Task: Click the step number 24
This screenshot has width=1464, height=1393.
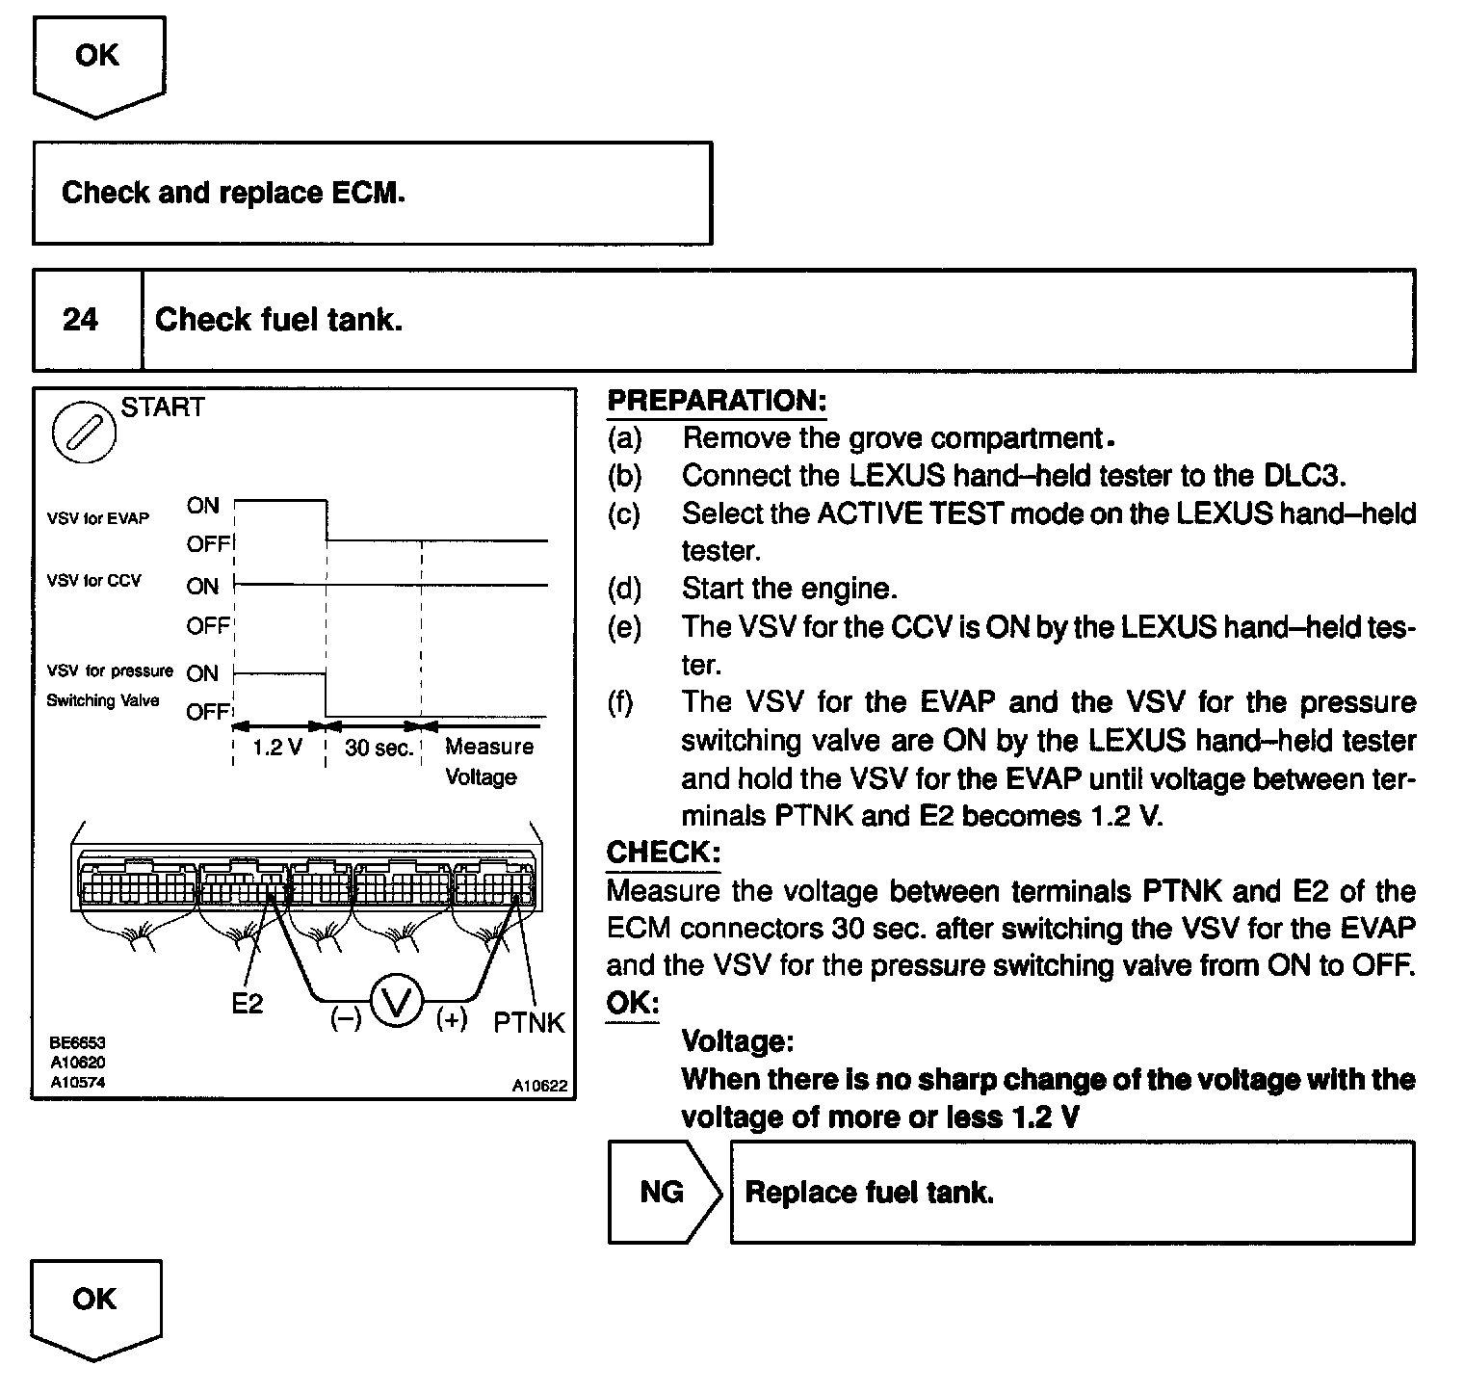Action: tap(81, 319)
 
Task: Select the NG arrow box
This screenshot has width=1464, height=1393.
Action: tap(664, 1192)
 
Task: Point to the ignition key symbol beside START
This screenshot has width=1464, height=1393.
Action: tap(83, 431)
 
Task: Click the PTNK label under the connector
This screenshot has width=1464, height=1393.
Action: tap(529, 1022)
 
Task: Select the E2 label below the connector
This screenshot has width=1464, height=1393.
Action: tap(248, 1004)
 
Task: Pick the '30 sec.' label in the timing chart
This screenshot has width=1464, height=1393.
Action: tap(379, 749)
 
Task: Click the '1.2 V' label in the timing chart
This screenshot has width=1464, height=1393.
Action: tap(277, 749)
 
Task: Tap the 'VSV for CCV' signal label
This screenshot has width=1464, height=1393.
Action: tap(93, 581)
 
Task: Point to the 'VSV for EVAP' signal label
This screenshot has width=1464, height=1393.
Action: tap(98, 518)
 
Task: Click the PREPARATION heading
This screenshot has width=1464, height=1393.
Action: tap(717, 401)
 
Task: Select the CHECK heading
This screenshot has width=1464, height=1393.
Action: tap(663, 852)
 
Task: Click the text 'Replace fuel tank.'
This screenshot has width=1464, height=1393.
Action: tap(869, 1193)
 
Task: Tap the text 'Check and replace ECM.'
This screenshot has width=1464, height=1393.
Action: tap(233, 193)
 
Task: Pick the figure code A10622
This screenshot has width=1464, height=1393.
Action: tap(539, 1086)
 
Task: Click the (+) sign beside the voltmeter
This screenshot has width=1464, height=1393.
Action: tap(452, 1018)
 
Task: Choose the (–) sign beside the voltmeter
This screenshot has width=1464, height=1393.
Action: tap(346, 1018)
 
